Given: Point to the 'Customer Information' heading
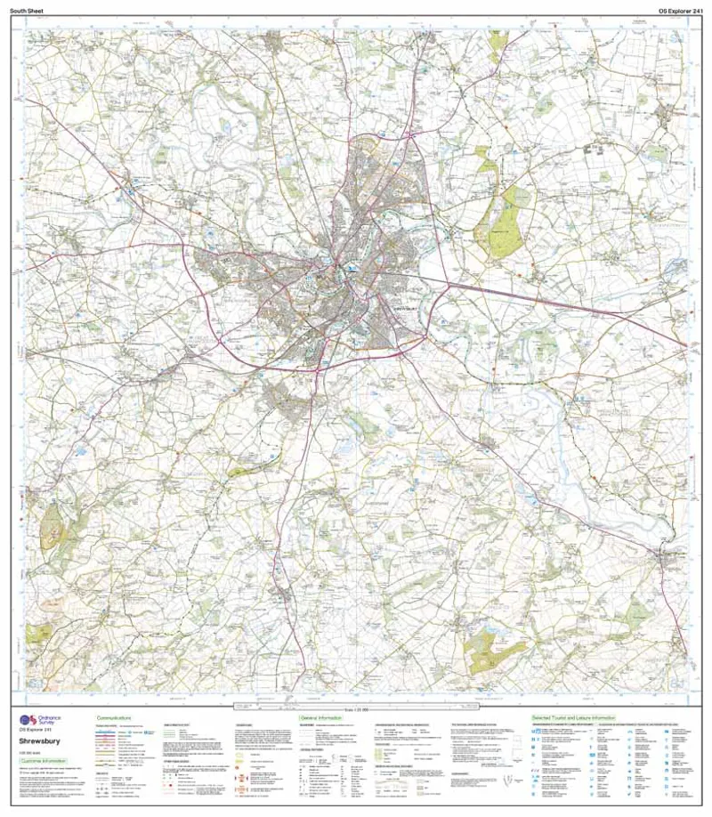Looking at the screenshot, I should [44, 762].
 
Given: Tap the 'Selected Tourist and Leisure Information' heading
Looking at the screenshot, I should [574, 716].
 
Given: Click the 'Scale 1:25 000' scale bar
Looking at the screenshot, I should [356, 708].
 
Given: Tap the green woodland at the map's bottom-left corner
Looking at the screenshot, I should [40, 634].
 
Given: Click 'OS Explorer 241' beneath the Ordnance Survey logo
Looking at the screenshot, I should [34, 730].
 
